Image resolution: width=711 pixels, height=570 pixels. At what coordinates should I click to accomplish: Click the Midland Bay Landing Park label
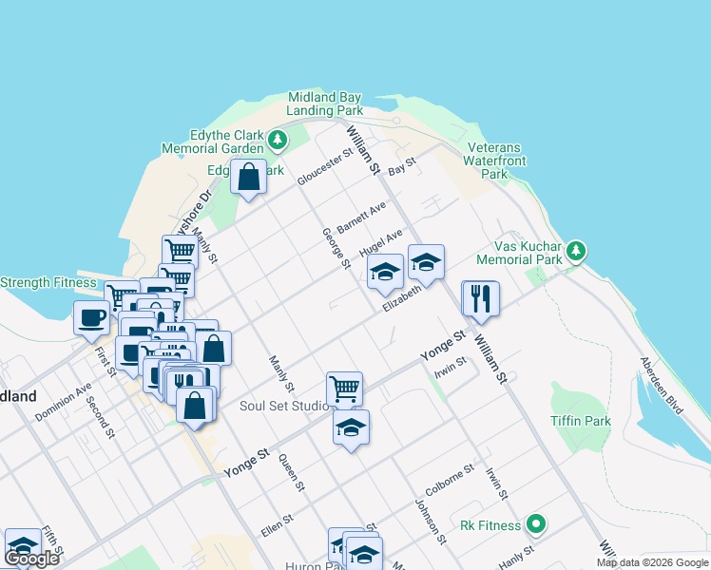(x=325, y=104)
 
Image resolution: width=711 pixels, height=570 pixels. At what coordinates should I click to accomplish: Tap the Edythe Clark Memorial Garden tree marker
(x=278, y=142)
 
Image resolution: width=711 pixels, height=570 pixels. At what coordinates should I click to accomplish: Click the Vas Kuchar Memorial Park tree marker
(x=576, y=252)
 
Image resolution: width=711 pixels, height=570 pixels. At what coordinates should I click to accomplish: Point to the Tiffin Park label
(x=580, y=421)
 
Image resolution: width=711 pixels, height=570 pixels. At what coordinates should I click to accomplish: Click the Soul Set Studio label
(x=283, y=406)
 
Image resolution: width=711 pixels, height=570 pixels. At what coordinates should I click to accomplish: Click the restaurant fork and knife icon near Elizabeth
(x=481, y=298)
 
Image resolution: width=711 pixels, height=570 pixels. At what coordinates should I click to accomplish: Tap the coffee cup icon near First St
(x=92, y=318)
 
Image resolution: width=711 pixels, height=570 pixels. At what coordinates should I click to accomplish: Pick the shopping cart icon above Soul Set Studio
(x=344, y=388)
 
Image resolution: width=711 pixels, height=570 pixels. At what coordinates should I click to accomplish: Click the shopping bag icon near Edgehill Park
(x=248, y=177)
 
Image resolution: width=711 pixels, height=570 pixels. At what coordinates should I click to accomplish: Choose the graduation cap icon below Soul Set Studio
(x=351, y=427)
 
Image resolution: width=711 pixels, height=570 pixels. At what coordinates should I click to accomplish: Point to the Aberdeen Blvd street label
(x=662, y=386)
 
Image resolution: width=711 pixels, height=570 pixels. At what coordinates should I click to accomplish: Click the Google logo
(x=32, y=559)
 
